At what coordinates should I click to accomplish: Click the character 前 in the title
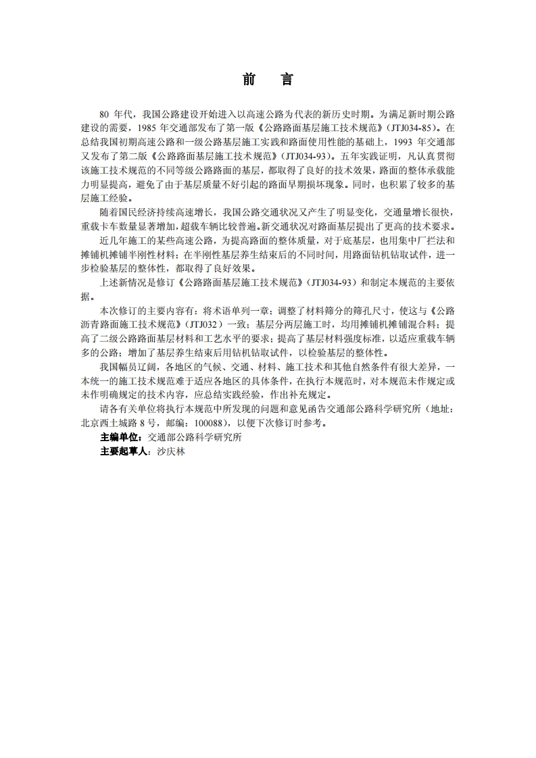point(249,80)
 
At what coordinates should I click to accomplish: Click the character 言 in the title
point(287,80)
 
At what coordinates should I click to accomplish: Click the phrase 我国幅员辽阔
point(126,367)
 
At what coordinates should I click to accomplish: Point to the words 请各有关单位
point(126,410)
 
